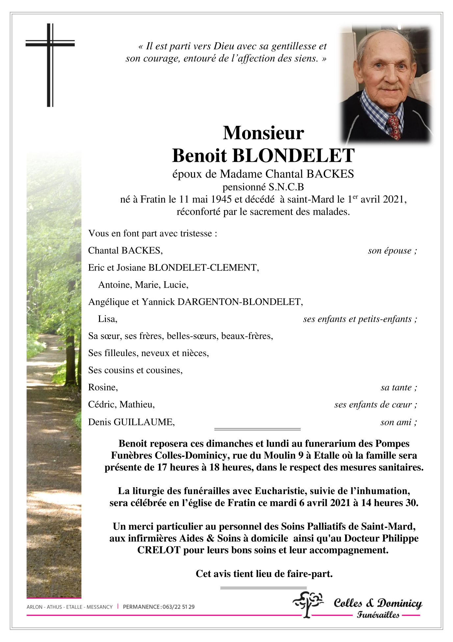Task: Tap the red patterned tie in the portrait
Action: (394, 126)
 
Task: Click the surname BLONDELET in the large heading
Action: (293, 155)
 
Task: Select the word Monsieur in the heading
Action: (263, 133)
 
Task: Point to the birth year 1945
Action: (221, 199)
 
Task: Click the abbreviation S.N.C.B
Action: (286, 187)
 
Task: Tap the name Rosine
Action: (103, 387)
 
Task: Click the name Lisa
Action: (107, 319)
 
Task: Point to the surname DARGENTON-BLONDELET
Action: (240, 302)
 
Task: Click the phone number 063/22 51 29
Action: (178, 607)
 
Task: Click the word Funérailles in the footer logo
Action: (378, 615)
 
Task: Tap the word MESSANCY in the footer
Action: (99, 607)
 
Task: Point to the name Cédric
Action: (101, 405)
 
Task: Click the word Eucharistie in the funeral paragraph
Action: (281, 491)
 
